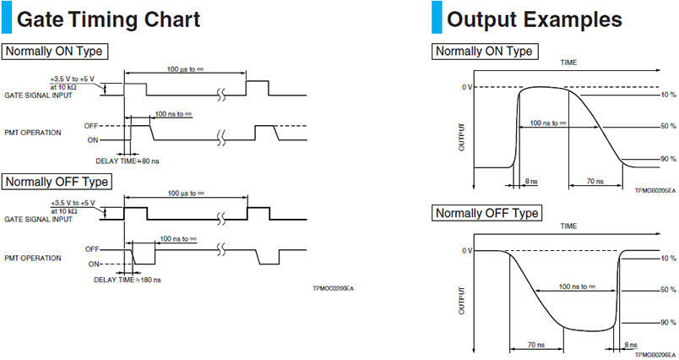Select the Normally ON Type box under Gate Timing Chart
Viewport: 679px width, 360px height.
(x=54, y=51)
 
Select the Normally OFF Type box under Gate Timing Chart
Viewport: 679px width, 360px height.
(x=57, y=181)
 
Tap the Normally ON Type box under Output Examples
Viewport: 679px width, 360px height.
(x=485, y=51)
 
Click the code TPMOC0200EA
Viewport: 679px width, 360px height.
(x=333, y=289)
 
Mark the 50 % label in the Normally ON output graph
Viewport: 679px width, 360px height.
(x=667, y=126)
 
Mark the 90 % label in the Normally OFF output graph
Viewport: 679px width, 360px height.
(x=667, y=322)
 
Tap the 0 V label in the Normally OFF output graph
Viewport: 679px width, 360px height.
(x=466, y=251)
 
